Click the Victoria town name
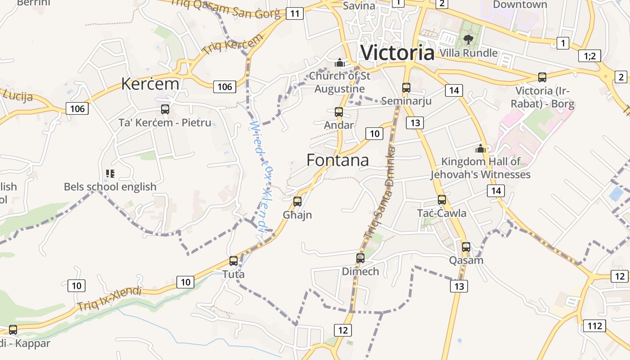pos(397,53)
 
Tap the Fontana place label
pos(337,160)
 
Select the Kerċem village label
pos(150,84)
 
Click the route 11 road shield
pos(294,13)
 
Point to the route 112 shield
pos(594,326)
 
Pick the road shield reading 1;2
pos(589,56)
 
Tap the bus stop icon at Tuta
pos(233,261)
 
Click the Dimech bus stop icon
pos(360,258)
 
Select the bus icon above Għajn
pos(297,201)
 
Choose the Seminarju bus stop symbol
pos(406,87)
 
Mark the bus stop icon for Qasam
pos(466,247)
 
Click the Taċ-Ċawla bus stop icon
pos(442,199)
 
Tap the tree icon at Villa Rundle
pos(468,39)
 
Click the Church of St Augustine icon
pos(340,62)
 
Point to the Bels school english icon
pos(110,173)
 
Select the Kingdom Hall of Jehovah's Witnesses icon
pos(481,148)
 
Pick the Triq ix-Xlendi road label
pos(109,298)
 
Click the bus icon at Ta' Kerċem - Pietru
pos(165,109)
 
